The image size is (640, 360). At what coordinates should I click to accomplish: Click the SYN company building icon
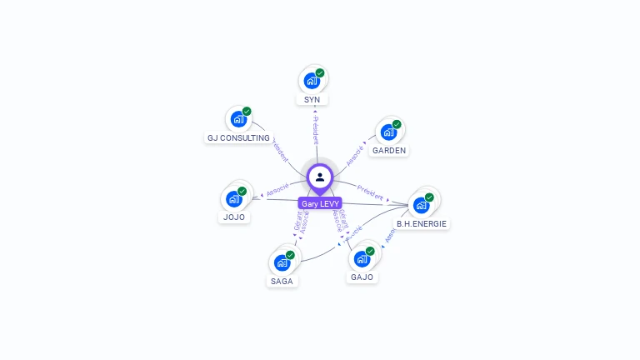312,81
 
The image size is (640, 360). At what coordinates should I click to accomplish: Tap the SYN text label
312,100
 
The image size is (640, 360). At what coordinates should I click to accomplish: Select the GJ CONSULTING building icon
237,119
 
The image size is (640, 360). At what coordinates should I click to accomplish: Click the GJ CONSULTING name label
238,137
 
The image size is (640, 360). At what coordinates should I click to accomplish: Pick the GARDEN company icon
387,132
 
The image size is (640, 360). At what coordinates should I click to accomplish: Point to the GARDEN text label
389,151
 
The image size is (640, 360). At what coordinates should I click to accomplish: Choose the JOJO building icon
233,199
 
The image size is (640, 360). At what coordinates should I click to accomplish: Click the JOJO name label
233,217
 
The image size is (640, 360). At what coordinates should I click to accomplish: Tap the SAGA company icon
282,262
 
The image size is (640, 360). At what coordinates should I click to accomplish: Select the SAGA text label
282,281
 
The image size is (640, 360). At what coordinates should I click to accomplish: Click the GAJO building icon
361,258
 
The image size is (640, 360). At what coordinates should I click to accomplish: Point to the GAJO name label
362,277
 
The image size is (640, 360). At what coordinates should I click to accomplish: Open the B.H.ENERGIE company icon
421,205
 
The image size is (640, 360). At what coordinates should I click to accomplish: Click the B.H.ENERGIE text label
422,223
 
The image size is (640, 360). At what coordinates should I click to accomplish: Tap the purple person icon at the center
320,177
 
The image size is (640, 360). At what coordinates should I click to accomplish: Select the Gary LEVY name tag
320,203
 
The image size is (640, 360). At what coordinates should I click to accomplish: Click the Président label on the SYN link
315,129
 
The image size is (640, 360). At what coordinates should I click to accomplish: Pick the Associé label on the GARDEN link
355,154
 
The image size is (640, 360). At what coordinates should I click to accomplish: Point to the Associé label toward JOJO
277,189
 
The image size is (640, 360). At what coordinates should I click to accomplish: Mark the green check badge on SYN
320,73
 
